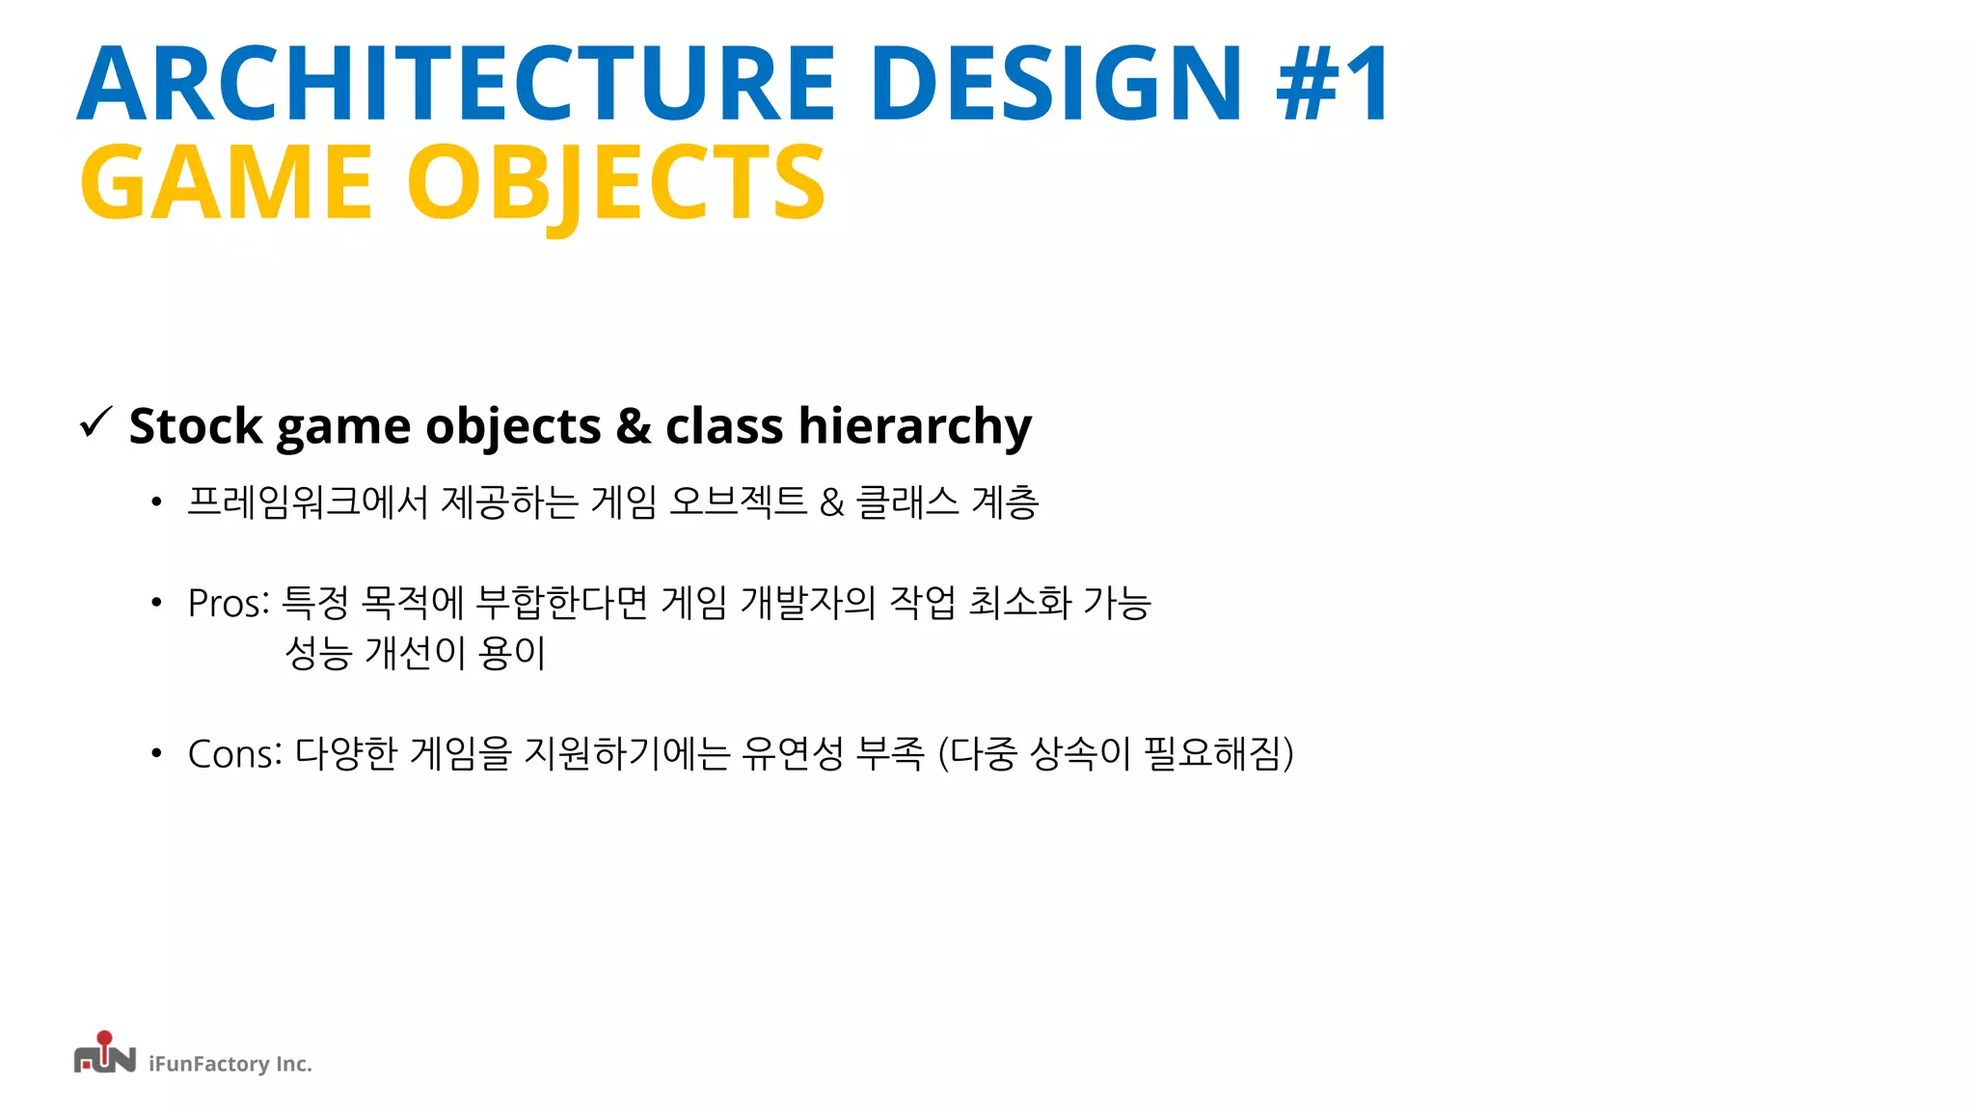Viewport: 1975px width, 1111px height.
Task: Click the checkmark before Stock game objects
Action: click(96, 422)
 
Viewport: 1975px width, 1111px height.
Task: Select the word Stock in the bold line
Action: click(196, 425)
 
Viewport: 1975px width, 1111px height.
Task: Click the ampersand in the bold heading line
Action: click(633, 425)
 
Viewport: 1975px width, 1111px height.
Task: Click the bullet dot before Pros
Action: click(156, 604)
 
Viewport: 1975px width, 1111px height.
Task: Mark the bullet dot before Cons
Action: click(156, 753)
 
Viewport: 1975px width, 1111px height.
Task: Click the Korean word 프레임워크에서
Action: click(307, 501)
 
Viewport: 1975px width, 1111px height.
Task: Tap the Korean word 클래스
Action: click(907, 501)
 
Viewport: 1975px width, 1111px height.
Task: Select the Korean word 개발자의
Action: click(807, 603)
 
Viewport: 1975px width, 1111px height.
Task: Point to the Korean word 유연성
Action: click(793, 753)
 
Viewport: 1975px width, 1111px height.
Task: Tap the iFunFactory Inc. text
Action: click(230, 1064)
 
